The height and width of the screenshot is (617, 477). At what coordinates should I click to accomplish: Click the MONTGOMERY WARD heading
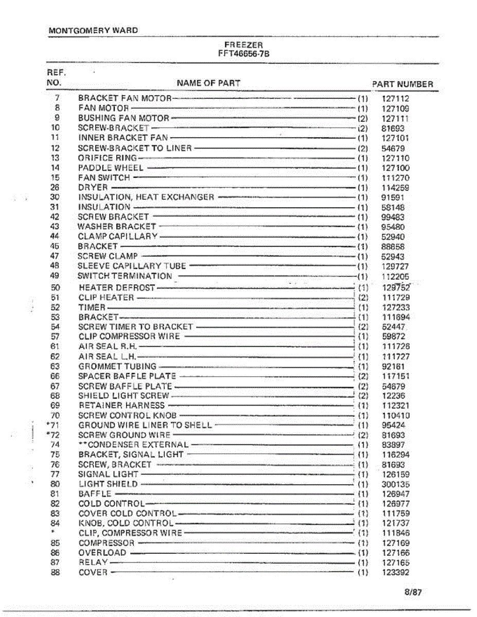tap(93, 30)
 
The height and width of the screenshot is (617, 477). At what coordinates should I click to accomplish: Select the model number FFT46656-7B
tap(244, 52)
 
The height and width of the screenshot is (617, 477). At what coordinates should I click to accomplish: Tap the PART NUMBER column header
tap(402, 84)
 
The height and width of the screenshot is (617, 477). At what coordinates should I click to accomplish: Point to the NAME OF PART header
tap(208, 83)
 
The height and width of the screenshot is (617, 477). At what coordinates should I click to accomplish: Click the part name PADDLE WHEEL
tap(111, 168)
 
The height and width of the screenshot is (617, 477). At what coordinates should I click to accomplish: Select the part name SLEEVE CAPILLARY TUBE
tap(132, 266)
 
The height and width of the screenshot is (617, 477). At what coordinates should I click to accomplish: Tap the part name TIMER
tap(92, 307)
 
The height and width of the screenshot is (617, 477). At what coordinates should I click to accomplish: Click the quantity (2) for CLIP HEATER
tap(363, 298)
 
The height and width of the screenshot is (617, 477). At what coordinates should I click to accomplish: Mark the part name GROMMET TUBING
tap(117, 367)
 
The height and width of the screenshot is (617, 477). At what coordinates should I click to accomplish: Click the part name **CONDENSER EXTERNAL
tap(133, 445)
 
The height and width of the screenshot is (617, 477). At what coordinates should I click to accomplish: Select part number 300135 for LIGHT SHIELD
tap(396, 484)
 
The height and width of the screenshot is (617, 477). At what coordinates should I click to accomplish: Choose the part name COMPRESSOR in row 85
tap(107, 543)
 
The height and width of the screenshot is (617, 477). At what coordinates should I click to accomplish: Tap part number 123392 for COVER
tap(396, 573)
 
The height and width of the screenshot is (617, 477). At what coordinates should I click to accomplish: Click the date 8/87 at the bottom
tap(413, 592)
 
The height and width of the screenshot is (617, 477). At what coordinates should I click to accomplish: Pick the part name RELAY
tap(93, 562)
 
